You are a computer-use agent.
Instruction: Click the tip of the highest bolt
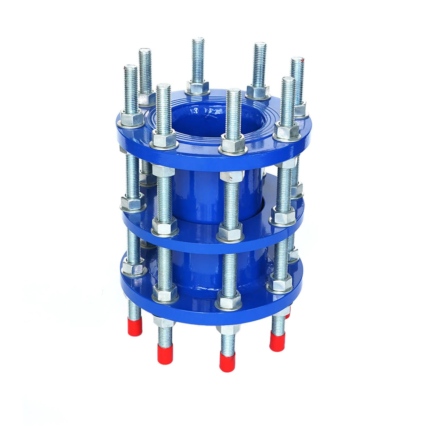tap(198, 40)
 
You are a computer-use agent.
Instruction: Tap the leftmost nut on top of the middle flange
tap(131, 203)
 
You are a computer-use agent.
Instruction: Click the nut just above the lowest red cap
tap(227, 329)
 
